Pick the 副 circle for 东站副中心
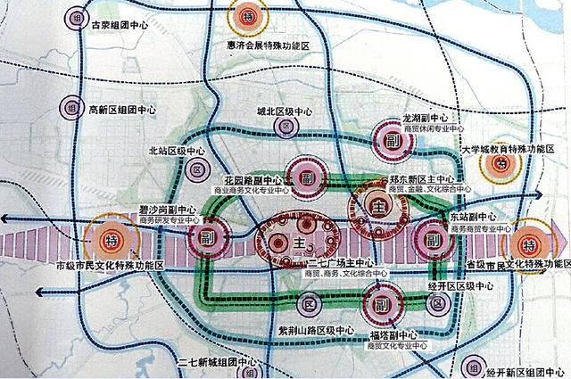(433, 240)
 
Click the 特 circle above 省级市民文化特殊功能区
(530, 243)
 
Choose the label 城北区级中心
(285, 112)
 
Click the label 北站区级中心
(176, 152)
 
